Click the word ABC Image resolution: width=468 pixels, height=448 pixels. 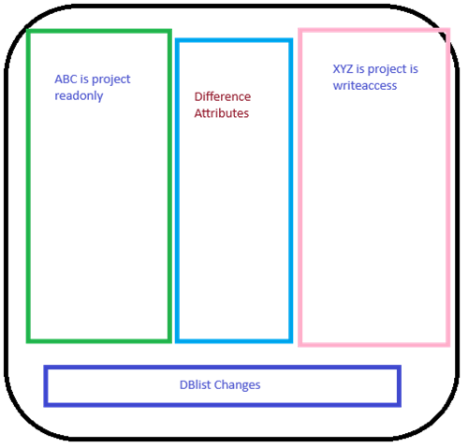click(66, 79)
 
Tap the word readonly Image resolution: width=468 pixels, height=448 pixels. click(79, 96)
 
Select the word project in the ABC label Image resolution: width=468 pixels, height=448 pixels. click(111, 80)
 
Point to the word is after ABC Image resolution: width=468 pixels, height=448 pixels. click(84, 79)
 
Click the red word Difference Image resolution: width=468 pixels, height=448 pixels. click(223, 96)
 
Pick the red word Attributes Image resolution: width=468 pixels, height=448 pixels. click(222, 113)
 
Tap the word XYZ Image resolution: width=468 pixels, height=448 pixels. click(343, 69)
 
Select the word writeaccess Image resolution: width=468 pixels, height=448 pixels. click(365, 86)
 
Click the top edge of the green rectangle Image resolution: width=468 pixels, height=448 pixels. click(99, 31)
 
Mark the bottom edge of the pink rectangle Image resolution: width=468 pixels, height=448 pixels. click(374, 344)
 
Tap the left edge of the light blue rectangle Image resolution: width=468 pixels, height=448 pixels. click(177, 191)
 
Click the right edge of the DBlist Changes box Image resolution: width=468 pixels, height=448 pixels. click(399, 386)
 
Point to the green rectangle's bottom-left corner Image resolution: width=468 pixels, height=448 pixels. click(28, 341)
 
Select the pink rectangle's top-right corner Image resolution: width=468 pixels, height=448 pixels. click(448, 30)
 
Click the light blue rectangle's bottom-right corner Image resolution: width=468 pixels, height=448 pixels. click(291, 341)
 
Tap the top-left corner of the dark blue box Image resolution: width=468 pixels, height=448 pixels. click(46, 368)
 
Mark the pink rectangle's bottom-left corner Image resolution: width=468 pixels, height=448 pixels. click(300, 344)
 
